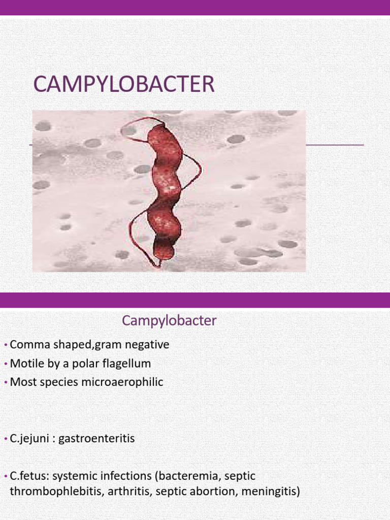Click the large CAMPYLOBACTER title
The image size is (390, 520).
click(x=124, y=84)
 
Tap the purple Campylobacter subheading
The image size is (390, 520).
click(x=169, y=321)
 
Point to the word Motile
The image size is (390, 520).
click(x=26, y=364)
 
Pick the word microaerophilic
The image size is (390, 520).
click(x=122, y=382)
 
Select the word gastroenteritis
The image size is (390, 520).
click(x=96, y=438)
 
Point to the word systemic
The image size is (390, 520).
click(x=74, y=476)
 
